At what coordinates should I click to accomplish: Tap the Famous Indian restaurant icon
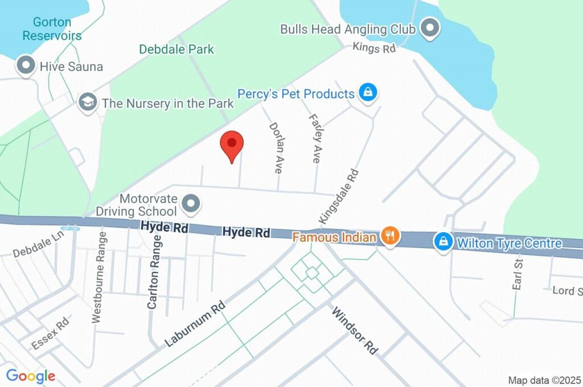tap(390, 235)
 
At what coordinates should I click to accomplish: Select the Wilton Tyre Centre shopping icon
tap(442, 241)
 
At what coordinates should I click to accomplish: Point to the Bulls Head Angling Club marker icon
tap(430, 27)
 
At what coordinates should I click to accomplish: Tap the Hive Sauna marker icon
tap(26, 65)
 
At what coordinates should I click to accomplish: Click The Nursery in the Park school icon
tap(87, 103)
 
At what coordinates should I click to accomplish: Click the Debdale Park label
tap(176, 50)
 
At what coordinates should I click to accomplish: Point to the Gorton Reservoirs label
tap(52, 29)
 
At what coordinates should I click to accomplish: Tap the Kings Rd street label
tap(374, 48)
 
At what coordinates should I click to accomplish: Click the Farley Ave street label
tap(314, 138)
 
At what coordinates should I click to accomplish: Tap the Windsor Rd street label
tap(355, 331)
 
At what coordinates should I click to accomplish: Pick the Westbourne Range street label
tap(98, 278)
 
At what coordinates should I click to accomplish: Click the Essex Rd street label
tap(50, 333)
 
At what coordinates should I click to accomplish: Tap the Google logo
tap(31, 376)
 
